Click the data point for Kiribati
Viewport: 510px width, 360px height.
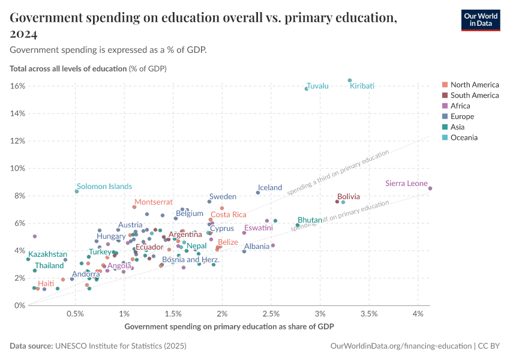pyautogui.click(x=350, y=80)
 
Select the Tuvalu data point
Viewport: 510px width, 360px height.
pyautogui.click(x=306, y=89)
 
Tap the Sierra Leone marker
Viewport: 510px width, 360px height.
pyautogui.click(x=430, y=188)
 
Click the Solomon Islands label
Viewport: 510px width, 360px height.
pyautogui.click(x=104, y=187)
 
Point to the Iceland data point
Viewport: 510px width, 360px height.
pyautogui.click(x=258, y=193)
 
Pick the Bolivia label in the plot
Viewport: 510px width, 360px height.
pyautogui.click(x=349, y=196)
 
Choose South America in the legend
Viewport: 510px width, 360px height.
pyautogui.click(x=474, y=95)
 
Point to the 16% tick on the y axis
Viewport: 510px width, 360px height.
pyautogui.click(x=17, y=86)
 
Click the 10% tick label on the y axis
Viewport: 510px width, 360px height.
pyautogui.click(x=17, y=169)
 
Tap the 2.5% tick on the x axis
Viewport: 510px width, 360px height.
pyautogui.click(x=271, y=314)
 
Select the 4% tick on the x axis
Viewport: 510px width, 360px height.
pyautogui.click(x=419, y=314)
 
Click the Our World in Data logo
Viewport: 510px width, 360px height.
pyautogui.click(x=481, y=20)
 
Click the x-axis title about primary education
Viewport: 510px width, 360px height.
pyautogui.click(x=229, y=326)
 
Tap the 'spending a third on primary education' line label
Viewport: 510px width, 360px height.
pyautogui.click(x=338, y=173)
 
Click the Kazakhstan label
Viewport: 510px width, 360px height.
pyautogui.click(x=47, y=254)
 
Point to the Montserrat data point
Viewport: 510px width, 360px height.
pyautogui.click(x=134, y=207)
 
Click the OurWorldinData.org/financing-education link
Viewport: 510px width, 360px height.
pyautogui.click(x=401, y=346)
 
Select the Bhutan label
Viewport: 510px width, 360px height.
pyautogui.click(x=310, y=220)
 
